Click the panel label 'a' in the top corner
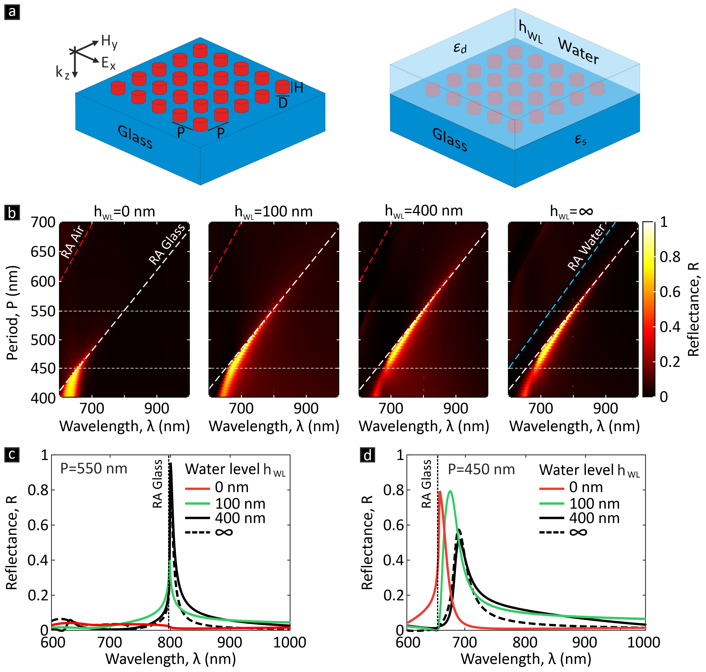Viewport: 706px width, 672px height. [12, 12]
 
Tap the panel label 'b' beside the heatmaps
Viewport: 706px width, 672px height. [12, 214]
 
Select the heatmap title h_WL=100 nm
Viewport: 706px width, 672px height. [273, 212]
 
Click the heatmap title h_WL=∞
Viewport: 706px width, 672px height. [572, 212]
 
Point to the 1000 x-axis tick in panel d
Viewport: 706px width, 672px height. [643, 642]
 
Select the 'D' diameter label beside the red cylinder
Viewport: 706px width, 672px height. [283, 103]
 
